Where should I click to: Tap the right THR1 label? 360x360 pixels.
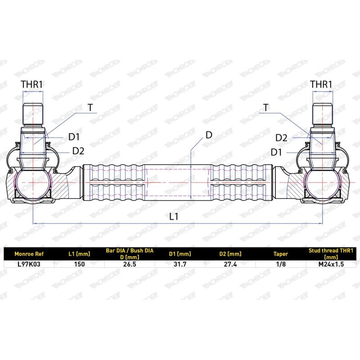[321, 84]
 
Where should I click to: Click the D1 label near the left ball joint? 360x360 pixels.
[74, 137]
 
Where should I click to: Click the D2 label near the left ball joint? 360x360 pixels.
[78, 151]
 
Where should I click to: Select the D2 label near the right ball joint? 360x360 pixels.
[281, 137]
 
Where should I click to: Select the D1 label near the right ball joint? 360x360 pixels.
[277, 152]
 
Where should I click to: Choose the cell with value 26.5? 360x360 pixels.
[130, 264]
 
